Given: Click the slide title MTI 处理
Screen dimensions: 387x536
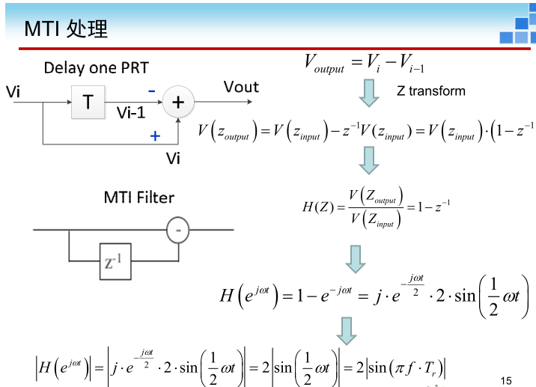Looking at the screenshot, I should [x=67, y=29].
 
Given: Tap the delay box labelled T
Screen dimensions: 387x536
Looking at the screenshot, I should [x=88, y=101].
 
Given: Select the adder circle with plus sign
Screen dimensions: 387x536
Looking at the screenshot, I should [x=178, y=102].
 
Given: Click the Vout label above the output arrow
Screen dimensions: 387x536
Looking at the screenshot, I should [x=241, y=87].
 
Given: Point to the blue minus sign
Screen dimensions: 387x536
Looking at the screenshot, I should [x=151, y=91].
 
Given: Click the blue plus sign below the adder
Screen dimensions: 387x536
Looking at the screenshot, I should [x=155, y=136].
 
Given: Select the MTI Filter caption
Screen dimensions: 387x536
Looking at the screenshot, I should [x=138, y=198].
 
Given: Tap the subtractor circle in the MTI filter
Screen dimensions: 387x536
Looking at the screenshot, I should [x=177, y=230].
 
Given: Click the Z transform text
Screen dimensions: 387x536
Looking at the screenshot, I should [x=430, y=91].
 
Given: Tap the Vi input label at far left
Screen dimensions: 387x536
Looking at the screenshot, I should [x=13, y=92].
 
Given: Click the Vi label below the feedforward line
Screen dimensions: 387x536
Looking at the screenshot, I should [x=173, y=158].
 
